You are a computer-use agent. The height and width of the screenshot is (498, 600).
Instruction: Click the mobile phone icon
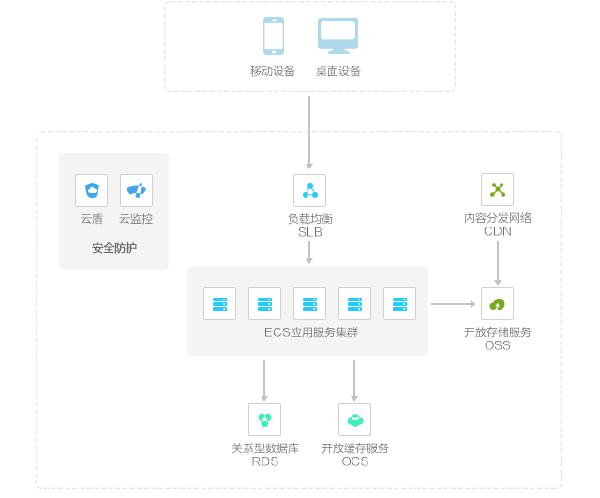274,37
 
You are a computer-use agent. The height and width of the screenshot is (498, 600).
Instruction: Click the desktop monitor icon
337,37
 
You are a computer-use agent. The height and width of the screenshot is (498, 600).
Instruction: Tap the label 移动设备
273,71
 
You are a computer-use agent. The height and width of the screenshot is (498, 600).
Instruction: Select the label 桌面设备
338,71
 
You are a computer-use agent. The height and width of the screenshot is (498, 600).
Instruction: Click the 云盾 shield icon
92,190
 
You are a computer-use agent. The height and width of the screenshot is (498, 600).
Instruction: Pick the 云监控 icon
137,190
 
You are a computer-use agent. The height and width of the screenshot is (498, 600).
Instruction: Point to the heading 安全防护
114,248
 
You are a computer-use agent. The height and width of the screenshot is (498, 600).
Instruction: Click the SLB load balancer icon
310,190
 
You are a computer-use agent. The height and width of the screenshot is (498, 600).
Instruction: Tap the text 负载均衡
310,218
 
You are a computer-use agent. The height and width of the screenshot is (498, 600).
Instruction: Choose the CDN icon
498,190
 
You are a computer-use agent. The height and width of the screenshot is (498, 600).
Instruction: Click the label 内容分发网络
498,218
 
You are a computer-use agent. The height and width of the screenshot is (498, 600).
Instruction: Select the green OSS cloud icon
498,303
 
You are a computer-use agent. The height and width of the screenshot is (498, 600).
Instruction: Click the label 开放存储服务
498,332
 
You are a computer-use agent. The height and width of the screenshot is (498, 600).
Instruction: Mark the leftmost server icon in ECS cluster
220,303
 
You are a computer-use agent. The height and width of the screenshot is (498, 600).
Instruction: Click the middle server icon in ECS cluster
310,303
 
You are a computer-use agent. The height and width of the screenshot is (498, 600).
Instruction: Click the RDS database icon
265,419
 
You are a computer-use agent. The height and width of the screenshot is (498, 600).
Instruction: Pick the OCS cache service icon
355,419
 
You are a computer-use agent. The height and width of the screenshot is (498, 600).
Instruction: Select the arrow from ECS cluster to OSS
454,303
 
